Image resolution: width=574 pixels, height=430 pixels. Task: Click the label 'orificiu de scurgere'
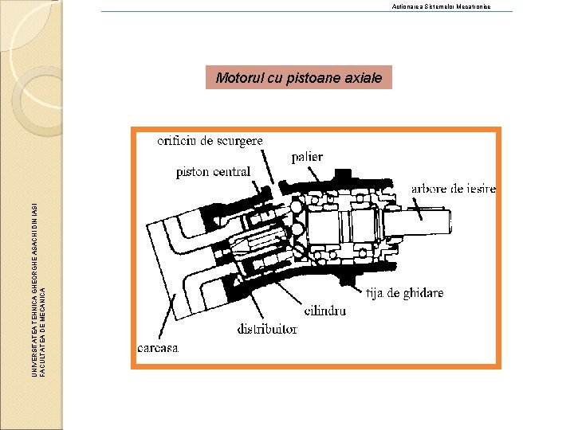pos(210,141)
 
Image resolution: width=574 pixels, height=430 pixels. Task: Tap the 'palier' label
pos(307,157)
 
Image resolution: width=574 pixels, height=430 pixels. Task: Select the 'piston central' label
pos(213,171)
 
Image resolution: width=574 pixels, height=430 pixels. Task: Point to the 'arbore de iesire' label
pos(454,189)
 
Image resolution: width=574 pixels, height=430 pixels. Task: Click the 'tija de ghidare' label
pos(405,293)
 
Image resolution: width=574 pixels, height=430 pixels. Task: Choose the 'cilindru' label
pos(325,311)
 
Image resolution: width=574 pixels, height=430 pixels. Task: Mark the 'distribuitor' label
pos(267,328)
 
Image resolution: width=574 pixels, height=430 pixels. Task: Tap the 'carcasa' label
pos(159,348)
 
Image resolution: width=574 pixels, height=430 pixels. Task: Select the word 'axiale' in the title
pos(363,78)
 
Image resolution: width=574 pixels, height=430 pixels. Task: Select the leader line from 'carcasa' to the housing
pos(166,319)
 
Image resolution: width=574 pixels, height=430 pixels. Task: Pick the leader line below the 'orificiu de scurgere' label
pos(268,167)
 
